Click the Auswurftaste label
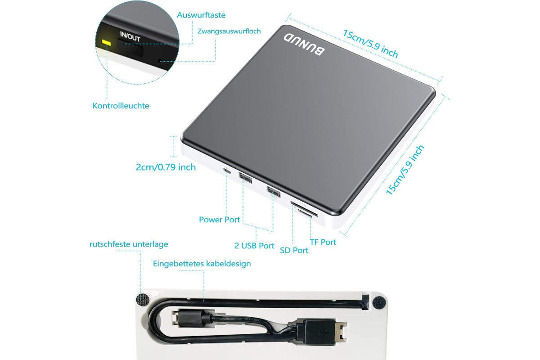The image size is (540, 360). click(201, 15)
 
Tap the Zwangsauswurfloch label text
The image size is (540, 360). click(229, 31)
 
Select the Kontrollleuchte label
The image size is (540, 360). click(121, 106)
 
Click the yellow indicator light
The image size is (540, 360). click(106, 42)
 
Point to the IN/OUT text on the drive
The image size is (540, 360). click(130, 36)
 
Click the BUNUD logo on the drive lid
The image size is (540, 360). click(304, 45)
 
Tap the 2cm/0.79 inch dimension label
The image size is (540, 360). click(166, 167)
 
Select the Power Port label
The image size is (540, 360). click(220, 220)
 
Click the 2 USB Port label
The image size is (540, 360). click(254, 246)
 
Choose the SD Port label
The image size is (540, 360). click(294, 250)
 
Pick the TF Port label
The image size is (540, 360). click(323, 242)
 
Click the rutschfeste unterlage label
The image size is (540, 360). click(129, 244)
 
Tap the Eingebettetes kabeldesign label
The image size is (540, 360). click(202, 264)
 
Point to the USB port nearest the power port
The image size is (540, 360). click(245, 178)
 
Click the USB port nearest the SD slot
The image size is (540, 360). click(274, 192)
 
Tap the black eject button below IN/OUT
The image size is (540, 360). click(130, 47)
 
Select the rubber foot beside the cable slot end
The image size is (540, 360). click(379, 302)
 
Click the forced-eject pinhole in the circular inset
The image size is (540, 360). click(160, 61)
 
